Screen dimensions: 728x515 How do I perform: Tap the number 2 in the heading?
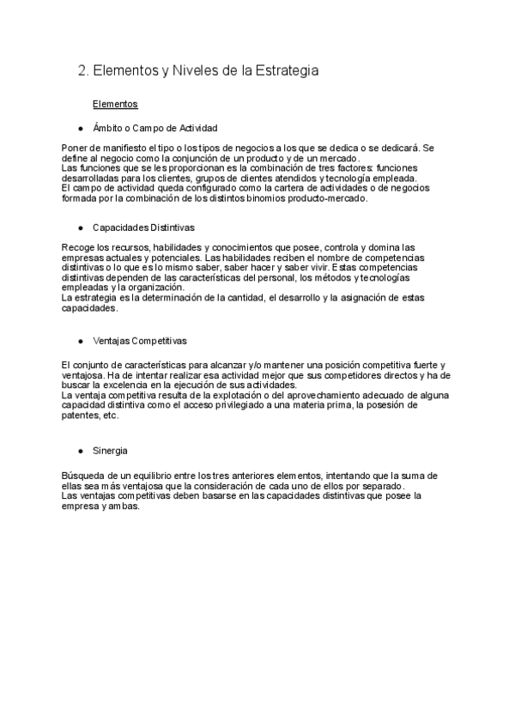pyautogui.click(x=82, y=71)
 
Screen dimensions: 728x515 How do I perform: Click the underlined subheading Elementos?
pyautogui.click(x=115, y=104)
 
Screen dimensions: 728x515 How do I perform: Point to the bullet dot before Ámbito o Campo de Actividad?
pyautogui.click(x=80, y=128)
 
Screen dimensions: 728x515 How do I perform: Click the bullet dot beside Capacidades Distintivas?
pyautogui.click(x=80, y=228)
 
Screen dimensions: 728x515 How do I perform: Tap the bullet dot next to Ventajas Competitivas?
pyautogui.click(x=80, y=340)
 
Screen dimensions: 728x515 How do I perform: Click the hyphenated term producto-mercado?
pyautogui.click(x=330, y=198)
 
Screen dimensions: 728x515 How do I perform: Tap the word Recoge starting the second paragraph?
pyautogui.click(x=77, y=247)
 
